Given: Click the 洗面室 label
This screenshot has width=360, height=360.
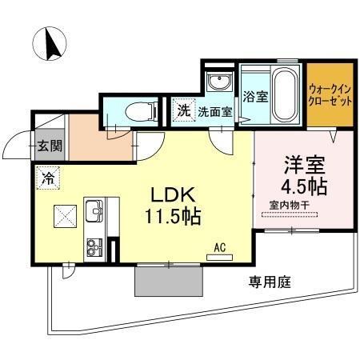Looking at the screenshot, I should [215, 112].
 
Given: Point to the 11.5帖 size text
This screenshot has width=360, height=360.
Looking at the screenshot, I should [172, 216].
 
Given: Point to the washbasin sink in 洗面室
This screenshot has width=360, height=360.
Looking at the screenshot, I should [217, 82].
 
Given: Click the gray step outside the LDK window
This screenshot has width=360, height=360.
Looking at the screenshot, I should [169, 280].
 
